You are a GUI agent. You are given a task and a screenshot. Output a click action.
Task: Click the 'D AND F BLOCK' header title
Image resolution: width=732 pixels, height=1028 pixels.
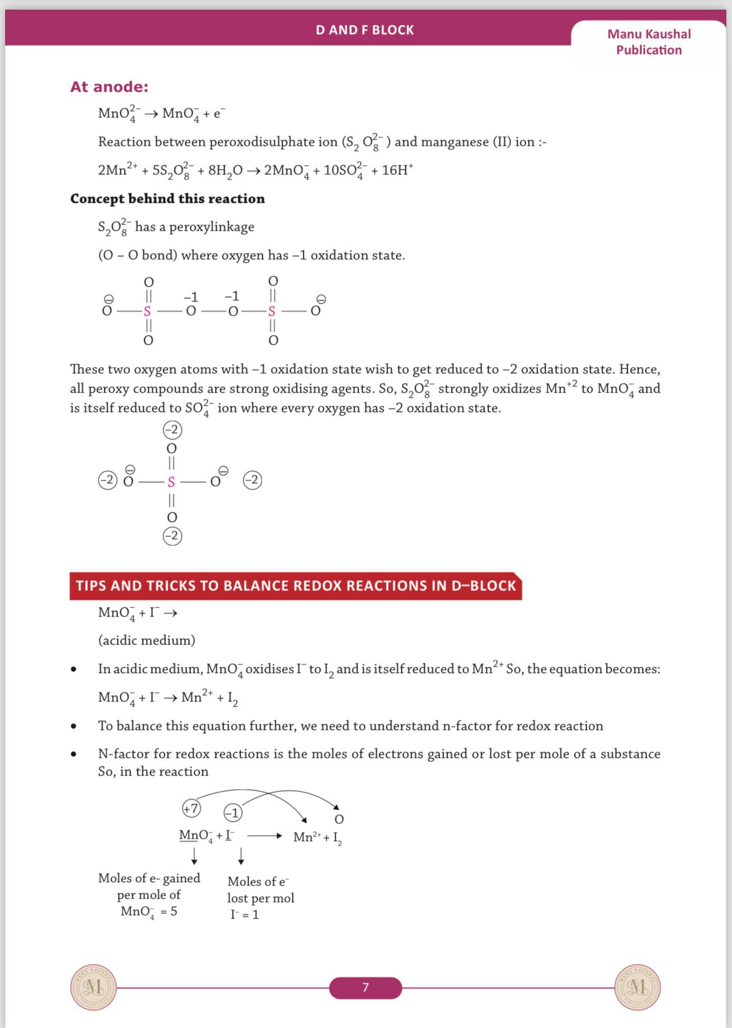click(x=365, y=30)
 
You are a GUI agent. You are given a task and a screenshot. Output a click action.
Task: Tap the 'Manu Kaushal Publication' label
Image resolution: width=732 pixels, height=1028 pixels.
click(x=649, y=42)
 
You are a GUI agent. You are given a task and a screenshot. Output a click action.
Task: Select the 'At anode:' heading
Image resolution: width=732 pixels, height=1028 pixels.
click(x=109, y=87)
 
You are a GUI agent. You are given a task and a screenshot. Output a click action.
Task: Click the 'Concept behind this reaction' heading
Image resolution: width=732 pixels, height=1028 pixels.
click(x=168, y=198)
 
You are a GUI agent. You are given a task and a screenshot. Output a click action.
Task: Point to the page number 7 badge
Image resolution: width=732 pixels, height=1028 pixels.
click(x=365, y=987)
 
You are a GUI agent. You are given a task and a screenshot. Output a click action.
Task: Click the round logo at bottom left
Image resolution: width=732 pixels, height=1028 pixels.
click(x=93, y=987)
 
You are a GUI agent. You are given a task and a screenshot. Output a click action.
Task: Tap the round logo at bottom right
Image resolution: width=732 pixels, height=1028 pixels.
click(x=637, y=987)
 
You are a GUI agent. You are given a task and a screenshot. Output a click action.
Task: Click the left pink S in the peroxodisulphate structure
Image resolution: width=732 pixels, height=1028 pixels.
click(x=147, y=311)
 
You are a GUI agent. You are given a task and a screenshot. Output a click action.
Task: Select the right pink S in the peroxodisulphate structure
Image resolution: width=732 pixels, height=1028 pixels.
click(x=272, y=311)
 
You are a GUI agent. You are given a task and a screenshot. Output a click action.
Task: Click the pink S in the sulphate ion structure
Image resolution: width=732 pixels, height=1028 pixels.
click(x=171, y=482)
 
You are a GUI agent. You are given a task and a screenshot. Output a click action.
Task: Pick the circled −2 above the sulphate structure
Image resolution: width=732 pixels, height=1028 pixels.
click(x=172, y=429)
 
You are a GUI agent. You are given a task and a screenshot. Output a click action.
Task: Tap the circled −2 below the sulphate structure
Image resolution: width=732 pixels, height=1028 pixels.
click(x=172, y=536)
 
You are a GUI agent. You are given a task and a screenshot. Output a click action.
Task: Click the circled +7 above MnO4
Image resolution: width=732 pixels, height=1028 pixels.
click(x=192, y=808)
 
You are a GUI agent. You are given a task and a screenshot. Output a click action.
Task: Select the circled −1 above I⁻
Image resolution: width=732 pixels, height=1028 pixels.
click(x=233, y=813)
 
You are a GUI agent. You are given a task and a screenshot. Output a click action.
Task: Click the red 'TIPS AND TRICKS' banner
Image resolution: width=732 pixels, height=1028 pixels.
click(x=295, y=586)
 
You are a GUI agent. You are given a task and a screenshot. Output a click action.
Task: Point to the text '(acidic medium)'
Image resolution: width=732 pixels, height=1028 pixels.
click(x=147, y=641)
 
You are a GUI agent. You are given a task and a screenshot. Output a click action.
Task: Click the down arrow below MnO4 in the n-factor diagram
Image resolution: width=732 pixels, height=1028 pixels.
click(x=194, y=856)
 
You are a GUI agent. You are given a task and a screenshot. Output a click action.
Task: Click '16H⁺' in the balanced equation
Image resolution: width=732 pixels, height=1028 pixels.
click(x=397, y=170)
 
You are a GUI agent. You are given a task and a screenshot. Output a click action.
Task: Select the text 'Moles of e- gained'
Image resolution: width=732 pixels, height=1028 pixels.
click(x=149, y=878)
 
